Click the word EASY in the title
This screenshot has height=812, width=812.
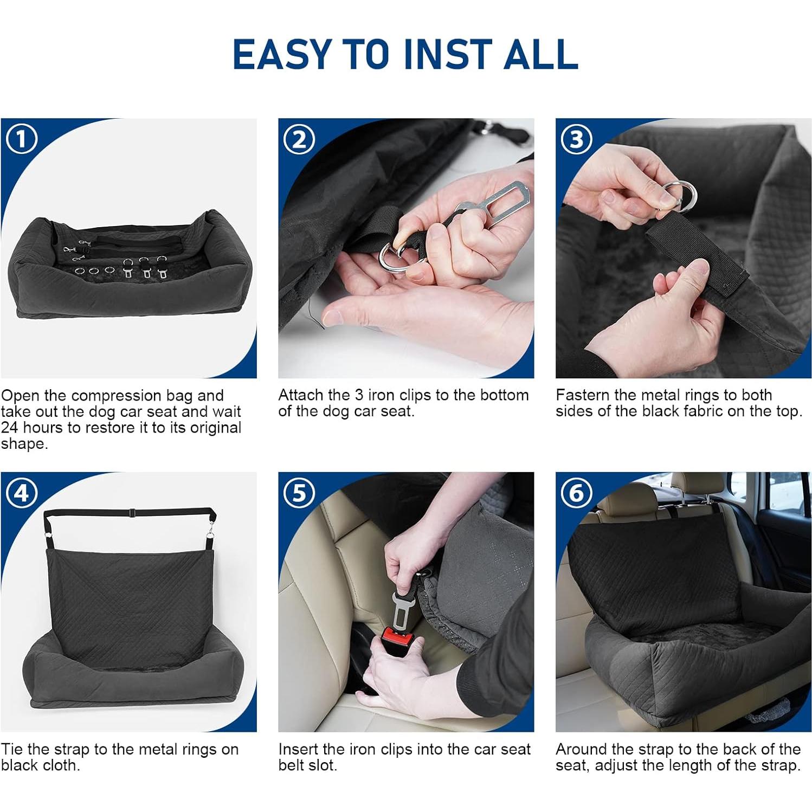[x=282, y=54]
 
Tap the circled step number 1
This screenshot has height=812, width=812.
[x=22, y=139]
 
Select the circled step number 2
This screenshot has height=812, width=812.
[x=299, y=139]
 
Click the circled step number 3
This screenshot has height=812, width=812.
[x=576, y=139]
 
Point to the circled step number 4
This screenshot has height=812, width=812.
[x=22, y=493]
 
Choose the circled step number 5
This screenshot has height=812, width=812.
[x=299, y=493]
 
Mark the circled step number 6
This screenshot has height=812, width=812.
[x=576, y=493]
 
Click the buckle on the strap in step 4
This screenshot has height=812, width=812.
[x=132, y=511]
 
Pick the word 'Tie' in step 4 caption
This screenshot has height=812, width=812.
[x=12, y=749]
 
